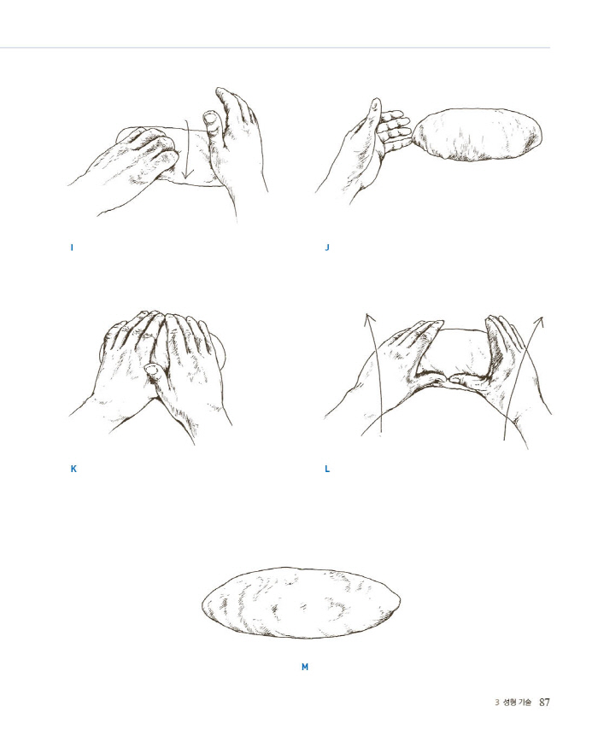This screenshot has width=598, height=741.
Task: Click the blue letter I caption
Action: click(x=72, y=248)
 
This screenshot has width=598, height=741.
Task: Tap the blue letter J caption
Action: click(x=326, y=248)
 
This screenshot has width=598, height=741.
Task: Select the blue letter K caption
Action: click(x=73, y=469)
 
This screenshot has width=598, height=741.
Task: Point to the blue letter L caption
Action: click(x=327, y=469)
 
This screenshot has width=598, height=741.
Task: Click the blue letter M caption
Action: click(x=305, y=667)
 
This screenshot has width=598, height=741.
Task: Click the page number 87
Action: click(x=544, y=702)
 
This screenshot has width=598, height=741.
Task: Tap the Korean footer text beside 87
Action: click(x=517, y=703)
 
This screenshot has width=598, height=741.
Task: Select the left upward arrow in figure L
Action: click(x=374, y=373)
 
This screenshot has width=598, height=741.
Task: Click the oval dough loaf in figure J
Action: click(x=478, y=135)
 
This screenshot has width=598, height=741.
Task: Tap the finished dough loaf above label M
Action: click(x=301, y=603)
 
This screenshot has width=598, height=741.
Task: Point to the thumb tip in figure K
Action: click(x=151, y=369)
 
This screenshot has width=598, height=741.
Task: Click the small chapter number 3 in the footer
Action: click(x=497, y=703)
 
